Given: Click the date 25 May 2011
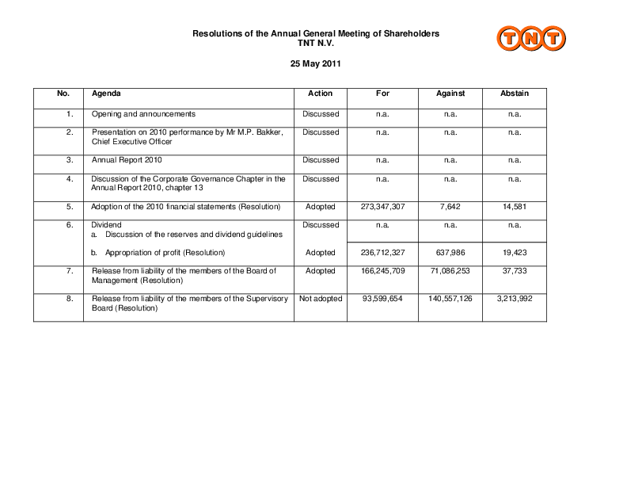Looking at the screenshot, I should click(x=316, y=63).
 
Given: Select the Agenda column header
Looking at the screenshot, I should click(x=106, y=94).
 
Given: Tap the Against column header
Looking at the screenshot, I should click(x=450, y=94).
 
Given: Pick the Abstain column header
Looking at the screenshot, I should click(x=514, y=94).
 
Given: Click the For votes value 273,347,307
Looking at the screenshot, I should click(x=382, y=207).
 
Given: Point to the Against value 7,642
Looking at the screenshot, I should click(x=450, y=207).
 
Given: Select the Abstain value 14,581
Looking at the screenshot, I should click(x=514, y=207).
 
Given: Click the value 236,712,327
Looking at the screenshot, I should click(x=382, y=253).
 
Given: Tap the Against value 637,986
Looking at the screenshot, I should click(x=450, y=253).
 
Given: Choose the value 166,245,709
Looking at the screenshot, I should click(x=382, y=271).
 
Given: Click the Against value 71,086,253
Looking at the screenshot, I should click(x=450, y=271).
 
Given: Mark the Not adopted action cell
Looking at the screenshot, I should click(x=320, y=299).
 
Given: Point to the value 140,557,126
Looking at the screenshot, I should click(x=450, y=299).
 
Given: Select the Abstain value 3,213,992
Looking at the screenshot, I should click(x=514, y=299).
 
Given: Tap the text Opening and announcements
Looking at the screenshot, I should click(x=143, y=113).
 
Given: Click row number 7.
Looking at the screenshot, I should click(x=70, y=271).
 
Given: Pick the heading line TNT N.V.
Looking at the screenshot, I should click(x=316, y=42).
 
